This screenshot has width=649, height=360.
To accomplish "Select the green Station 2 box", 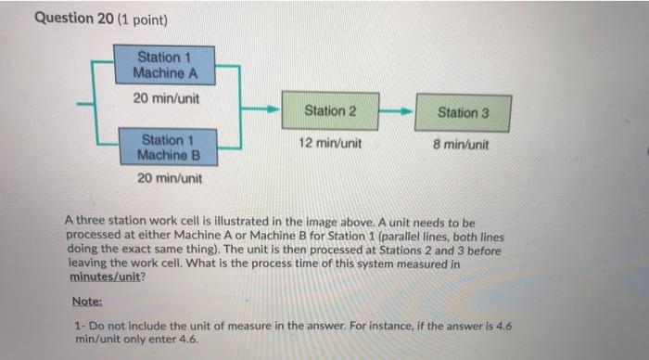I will click(330, 110).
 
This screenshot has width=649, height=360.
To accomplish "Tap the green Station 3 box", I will click(462, 112).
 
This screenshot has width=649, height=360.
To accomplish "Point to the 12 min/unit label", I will click(330, 144).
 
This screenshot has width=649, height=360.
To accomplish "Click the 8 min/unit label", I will click(462, 145).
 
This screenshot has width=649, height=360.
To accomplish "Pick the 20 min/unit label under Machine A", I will click(168, 97).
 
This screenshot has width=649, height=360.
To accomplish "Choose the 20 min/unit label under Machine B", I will click(169, 177).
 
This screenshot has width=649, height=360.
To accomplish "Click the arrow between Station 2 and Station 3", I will click(396, 110).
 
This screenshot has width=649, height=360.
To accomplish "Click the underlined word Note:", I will click(86, 302).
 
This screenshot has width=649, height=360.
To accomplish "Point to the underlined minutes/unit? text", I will click(105, 276).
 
